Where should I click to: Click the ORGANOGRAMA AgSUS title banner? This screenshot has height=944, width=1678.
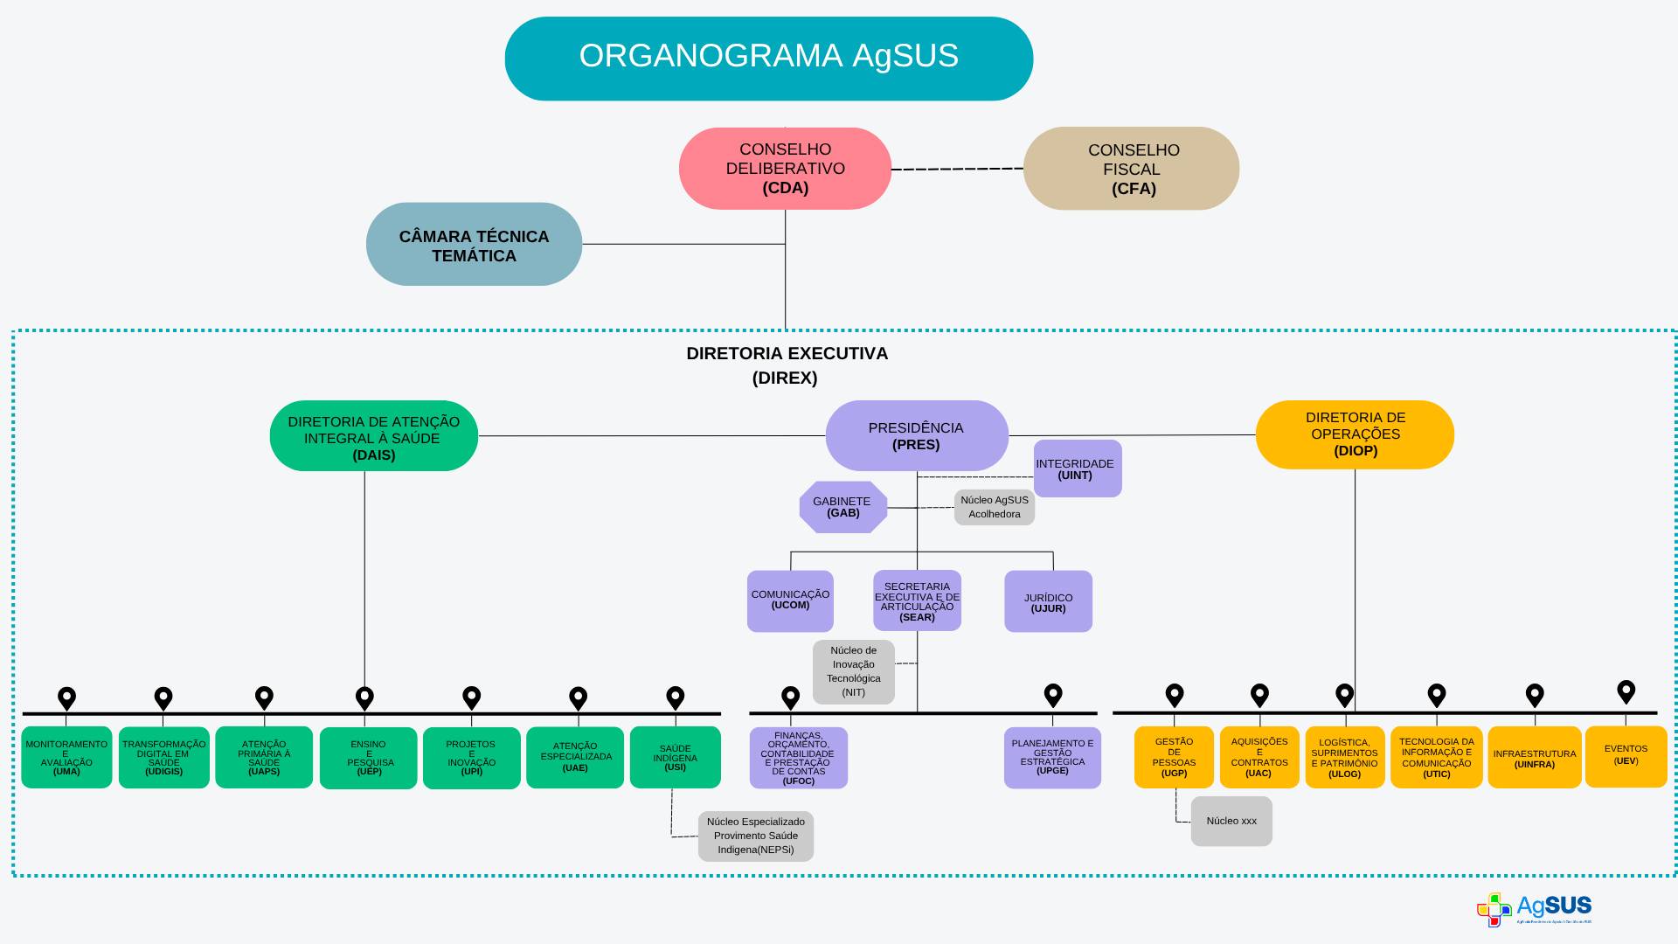(768, 58)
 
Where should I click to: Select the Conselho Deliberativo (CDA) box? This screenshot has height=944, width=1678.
(785, 169)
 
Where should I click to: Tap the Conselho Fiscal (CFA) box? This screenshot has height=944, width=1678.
(1131, 169)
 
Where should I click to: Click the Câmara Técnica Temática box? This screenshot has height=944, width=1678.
(474, 245)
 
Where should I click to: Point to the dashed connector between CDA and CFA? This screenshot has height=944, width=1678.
(957, 169)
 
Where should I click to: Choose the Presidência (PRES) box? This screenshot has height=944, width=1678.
(916, 435)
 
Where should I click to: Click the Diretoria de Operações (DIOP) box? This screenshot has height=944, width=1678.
(1355, 434)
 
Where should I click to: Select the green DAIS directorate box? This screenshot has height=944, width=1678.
(373, 436)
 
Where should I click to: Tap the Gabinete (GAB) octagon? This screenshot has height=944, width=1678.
(842, 507)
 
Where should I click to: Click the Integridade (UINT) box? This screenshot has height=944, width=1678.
(1077, 469)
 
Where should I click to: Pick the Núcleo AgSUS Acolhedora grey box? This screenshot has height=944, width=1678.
(995, 507)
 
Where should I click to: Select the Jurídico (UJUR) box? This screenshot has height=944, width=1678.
(1048, 601)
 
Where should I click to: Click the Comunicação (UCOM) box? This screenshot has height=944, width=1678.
(790, 601)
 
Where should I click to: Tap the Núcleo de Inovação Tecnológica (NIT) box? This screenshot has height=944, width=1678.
(854, 671)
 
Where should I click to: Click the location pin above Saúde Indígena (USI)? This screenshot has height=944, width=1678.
(675, 697)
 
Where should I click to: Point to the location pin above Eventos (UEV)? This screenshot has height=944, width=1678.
(1626, 691)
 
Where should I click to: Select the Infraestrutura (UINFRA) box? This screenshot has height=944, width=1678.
(1534, 757)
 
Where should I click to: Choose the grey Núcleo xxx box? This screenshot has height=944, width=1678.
(1231, 821)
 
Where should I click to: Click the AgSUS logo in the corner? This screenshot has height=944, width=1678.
(1534, 909)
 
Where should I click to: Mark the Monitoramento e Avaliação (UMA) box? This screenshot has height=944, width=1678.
(66, 757)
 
